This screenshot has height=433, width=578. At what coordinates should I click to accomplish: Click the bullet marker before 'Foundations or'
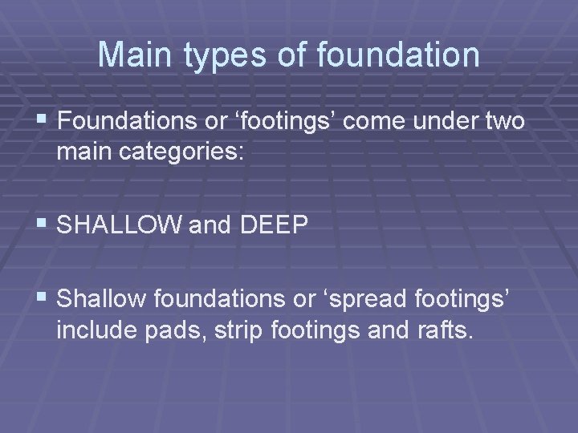pos(43,122)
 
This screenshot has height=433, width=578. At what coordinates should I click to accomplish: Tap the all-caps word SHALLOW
pos(120,225)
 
